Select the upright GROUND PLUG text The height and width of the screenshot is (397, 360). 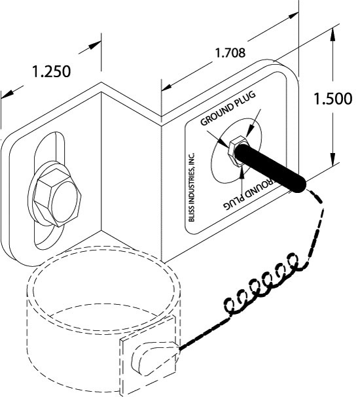[x=226, y=109]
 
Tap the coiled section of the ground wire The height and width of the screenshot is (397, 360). [x=259, y=285]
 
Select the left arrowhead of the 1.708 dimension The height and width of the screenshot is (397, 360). [x=164, y=86]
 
